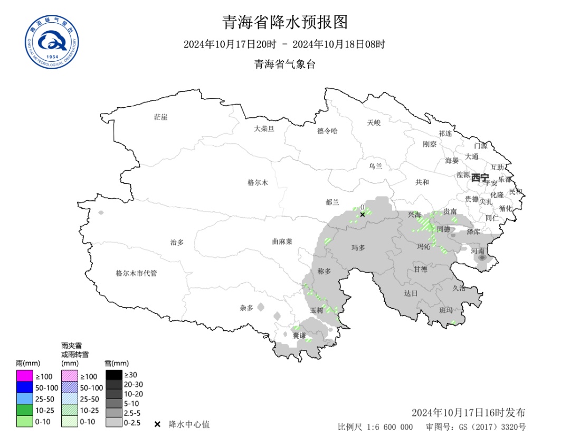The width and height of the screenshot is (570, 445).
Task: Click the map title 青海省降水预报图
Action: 284,22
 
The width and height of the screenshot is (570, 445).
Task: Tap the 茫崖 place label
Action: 160,117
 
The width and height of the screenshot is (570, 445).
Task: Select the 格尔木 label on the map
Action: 258,182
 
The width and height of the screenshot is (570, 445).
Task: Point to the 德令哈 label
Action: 327,131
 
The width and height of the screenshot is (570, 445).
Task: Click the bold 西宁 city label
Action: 480,178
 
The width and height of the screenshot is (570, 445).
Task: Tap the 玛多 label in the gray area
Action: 358,247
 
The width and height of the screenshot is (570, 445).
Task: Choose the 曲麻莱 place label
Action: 282,241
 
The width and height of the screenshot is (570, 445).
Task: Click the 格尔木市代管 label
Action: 136,273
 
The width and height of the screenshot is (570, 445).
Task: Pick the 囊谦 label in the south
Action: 299,336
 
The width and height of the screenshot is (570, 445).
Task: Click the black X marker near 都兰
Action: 362,214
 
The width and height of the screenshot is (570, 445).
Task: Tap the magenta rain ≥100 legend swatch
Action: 24,376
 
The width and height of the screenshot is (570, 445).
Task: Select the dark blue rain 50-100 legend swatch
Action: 24,388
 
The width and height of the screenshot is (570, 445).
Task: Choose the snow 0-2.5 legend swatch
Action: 113,422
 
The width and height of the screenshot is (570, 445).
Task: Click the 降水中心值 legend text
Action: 188,424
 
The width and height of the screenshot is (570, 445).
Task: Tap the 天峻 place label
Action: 374,123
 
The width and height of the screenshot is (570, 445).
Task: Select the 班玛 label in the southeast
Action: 446,310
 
